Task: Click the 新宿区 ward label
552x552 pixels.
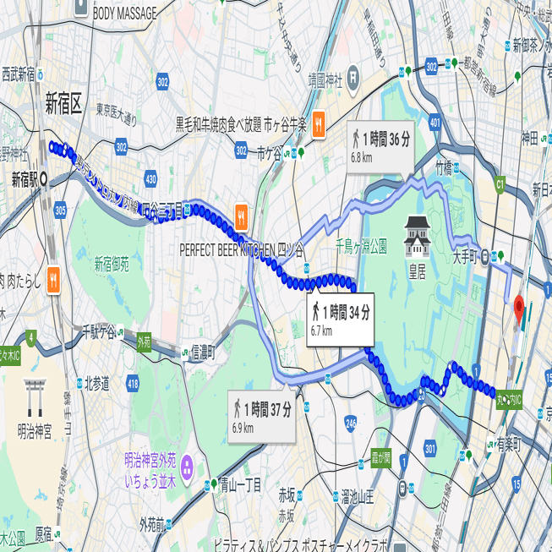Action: (64, 104)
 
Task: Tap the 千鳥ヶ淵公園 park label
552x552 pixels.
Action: (361, 247)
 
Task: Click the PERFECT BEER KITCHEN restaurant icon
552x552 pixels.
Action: (241, 216)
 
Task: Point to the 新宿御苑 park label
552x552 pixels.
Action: (112, 264)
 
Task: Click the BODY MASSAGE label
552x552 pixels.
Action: (124, 14)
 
